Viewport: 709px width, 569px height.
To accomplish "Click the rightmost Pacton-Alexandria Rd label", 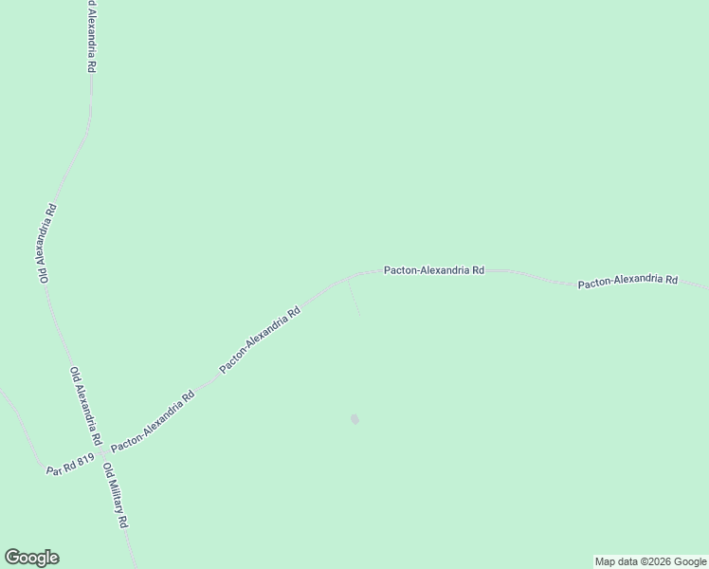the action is tap(627, 281).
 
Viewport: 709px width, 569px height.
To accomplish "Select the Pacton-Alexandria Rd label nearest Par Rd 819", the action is tap(153, 420).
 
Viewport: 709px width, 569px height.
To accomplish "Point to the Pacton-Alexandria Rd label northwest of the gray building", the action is tap(260, 339).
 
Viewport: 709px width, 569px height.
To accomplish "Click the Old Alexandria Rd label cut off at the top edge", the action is tap(92, 37).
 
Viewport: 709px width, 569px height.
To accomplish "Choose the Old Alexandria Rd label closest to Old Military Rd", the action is tap(84, 406).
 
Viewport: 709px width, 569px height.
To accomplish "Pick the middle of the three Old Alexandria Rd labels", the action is tap(46, 243).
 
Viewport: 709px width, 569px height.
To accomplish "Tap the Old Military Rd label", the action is tap(116, 495).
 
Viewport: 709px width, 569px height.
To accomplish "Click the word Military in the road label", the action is tap(116, 497).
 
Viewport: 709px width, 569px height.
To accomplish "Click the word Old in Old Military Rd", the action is tap(106, 470).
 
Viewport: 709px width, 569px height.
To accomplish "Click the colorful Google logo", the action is tap(31, 558).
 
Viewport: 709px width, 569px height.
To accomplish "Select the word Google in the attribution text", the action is tap(689, 561).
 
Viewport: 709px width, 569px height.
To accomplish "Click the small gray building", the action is tap(355, 419).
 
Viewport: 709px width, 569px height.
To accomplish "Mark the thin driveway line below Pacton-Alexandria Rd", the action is tap(354, 298).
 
